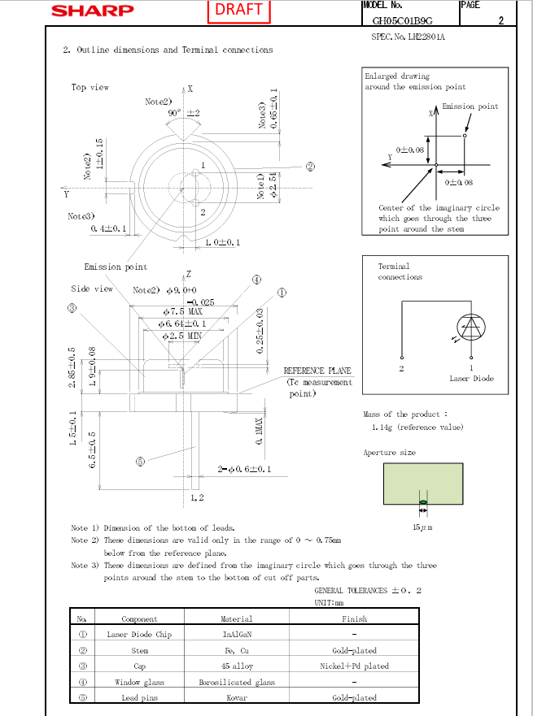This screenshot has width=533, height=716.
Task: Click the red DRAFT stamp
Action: click(x=238, y=10)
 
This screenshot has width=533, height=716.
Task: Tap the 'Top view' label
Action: click(x=90, y=88)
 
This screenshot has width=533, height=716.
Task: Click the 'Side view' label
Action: click(x=92, y=289)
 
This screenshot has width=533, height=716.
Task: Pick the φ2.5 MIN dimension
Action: click(x=182, y=336)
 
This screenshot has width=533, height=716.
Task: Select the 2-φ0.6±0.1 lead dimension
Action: click(x=244, y=470)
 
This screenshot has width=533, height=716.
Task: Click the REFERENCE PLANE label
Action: click(x=317, y=371)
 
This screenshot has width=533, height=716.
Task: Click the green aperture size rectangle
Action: click(x=422, y=485)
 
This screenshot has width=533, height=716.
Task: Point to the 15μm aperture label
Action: click(x=422, y=528)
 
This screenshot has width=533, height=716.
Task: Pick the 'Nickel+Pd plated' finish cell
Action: click(x=354, y=666)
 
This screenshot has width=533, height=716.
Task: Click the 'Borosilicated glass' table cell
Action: click(x=237, y=682)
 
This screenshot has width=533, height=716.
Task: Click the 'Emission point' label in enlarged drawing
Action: click(x=470, y=106)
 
